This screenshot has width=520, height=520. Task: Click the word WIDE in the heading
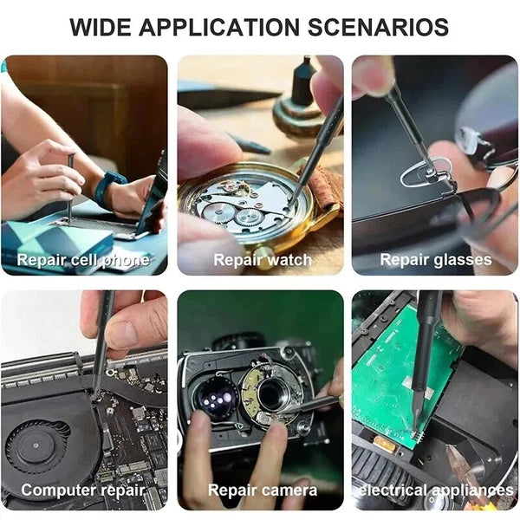pyautogui.click(x=101, y=27)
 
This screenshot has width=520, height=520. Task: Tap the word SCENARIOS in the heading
pyautogui.click(x=379, y=27)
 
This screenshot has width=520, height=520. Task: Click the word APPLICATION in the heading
pyautogui.click(x=219, y=27)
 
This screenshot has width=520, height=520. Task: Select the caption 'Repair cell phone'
pyautogui.click(x=83, y=260)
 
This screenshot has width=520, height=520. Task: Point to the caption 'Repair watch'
pyautogui.click(x=263, y=260)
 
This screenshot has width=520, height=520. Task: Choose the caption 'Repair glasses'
pyautogui.click(x=436, y=260)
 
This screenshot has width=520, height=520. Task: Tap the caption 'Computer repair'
pyautogui.click(x=83, y=491)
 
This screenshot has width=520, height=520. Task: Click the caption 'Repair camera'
pyautogui.click(x=263, y=491)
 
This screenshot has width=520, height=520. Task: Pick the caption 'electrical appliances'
pyautogui.click(x=436, y=491)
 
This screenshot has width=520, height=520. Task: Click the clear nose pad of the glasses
pyautogui.click(x=426, y=172)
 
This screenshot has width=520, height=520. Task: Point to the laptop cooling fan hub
pyautogui.click(x=36, y=445)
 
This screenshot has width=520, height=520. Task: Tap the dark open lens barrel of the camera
pyautogui.click(x=273, y=394)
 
